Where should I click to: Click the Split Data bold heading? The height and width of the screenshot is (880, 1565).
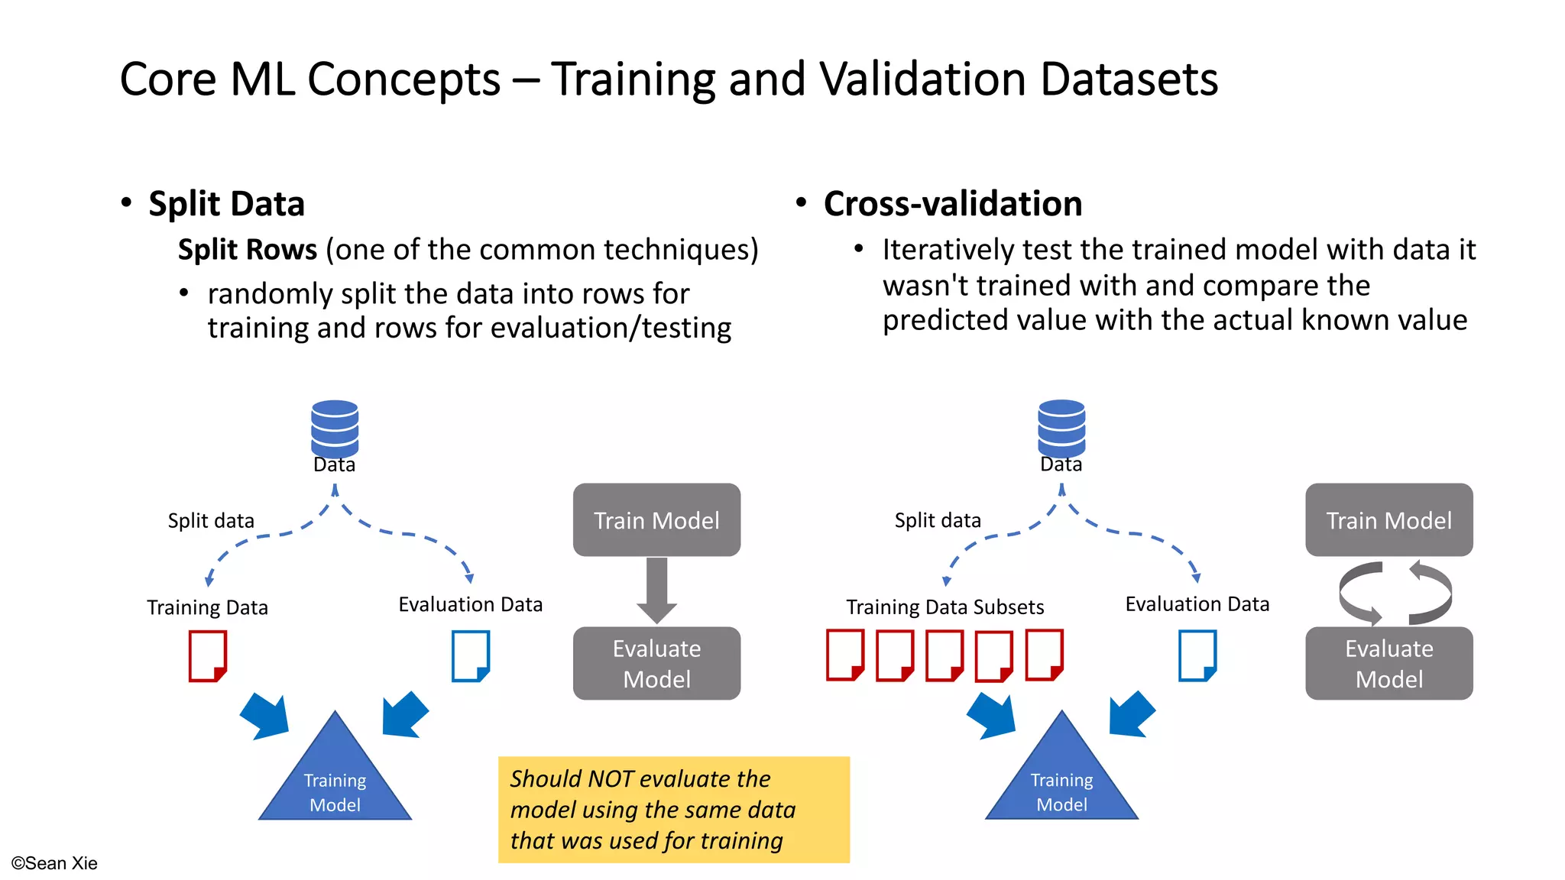tap(226, 204)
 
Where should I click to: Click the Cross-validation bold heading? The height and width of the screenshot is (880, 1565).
tap(952, 204)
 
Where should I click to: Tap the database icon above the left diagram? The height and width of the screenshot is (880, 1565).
tap(335, 427)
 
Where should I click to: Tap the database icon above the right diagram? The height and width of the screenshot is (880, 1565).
tap(1061, 427)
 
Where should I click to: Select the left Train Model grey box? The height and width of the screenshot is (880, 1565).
tap(656, 520)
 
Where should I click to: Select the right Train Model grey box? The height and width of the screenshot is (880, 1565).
tap(1388, 520)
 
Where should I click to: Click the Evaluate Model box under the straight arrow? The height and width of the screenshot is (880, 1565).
tap(656, 663)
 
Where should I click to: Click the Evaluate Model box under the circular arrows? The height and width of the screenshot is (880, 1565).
tap(1388, 663)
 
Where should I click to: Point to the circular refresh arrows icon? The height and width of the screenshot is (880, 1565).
tap(1395, 593)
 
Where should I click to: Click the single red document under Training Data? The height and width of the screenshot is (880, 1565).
tap(208, 655)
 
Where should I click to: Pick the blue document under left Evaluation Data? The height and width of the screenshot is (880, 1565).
tap(470, 655)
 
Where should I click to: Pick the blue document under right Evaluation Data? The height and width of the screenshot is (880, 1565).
tap(1197, 655)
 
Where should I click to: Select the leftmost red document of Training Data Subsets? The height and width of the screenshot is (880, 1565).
tap(845, 655)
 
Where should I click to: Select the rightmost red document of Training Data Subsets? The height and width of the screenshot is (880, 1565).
tap(1044, 655)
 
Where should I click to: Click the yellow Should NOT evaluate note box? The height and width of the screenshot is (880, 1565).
tap(673, 810)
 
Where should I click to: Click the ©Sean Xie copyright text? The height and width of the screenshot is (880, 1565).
tap(54, 863)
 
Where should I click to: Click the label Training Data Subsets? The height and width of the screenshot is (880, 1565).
tap(945, 607)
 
